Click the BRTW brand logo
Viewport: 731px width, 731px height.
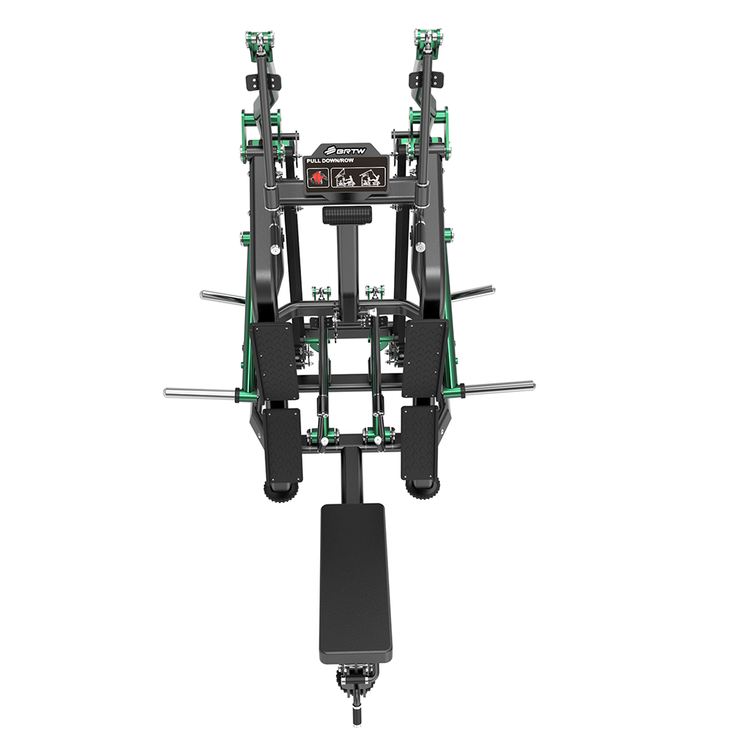pyautogui.click(x=346, y=150)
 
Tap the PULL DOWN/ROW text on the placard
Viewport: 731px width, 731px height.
pyautogui.click(x=330, y=160)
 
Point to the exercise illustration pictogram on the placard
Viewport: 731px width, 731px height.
pyautogui.click(x=358, y=177)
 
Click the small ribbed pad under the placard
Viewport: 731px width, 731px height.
pyautogui.click(x=347, y=215)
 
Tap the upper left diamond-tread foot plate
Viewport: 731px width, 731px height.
pyautogui.click(x=275, y=361)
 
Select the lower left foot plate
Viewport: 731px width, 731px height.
pyautogui.click(x=282, y=446)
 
